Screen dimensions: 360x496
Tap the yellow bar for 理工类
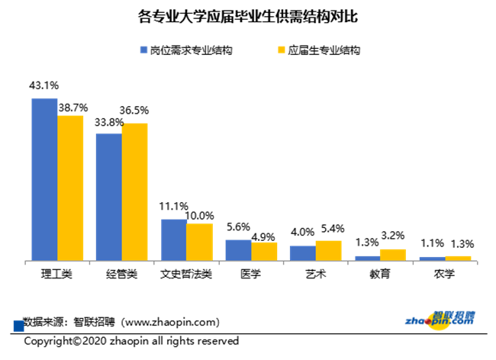click(x=70, y=188)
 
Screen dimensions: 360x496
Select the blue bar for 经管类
click(x=108, y=197)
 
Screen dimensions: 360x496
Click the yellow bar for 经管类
click(x=134, y=191)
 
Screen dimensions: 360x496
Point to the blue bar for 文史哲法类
click(x=173, y=239)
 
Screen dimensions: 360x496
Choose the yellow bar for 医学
click(x=264, y=252)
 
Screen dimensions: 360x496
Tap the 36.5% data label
click(x=135, y=111)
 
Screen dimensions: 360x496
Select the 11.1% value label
click(x=174, y=207)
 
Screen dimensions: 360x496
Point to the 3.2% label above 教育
click(x=394, y=236)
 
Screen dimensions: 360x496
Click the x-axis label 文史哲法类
click(x=186, y=274)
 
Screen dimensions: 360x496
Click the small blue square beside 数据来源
click(x=19, y=326)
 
